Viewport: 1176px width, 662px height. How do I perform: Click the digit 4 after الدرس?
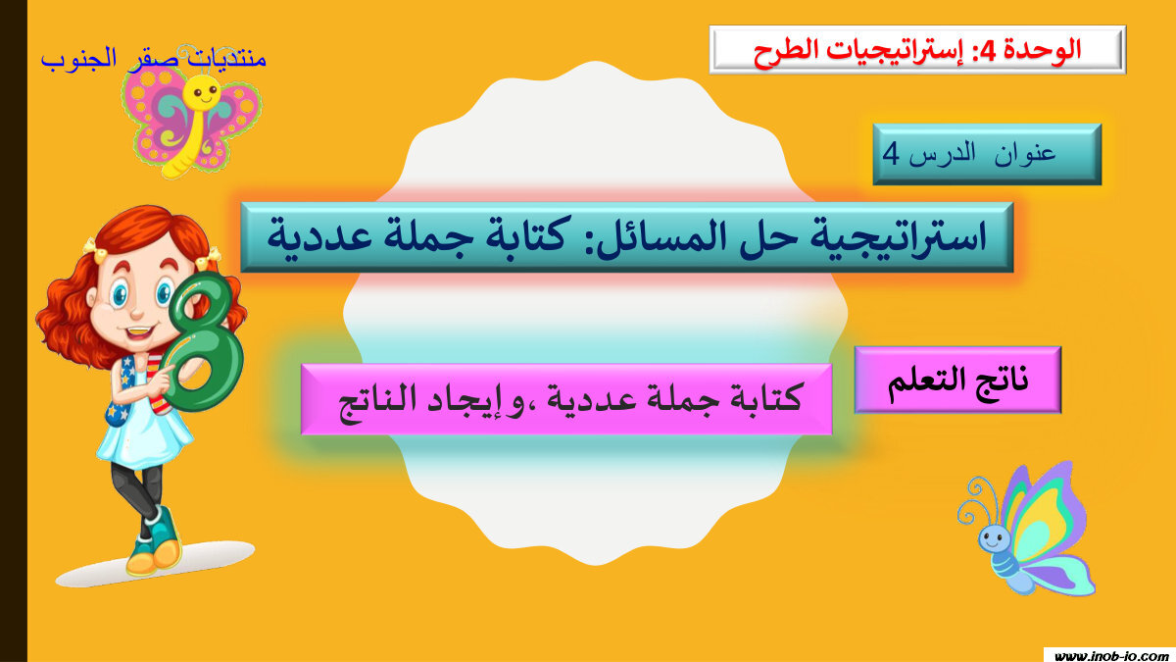pyautogui.click(x=890, y=154)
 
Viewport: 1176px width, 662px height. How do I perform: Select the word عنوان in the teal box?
pyautogui.click(x=1029, y=154)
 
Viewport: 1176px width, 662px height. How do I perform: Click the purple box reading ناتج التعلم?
pyautogui.click(x=957, y=380)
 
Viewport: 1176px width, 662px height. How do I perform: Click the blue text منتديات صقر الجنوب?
pyautogui.click(x=154, y=58)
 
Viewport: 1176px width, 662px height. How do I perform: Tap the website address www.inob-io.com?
pyautogui.click(x=1110, y=654)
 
